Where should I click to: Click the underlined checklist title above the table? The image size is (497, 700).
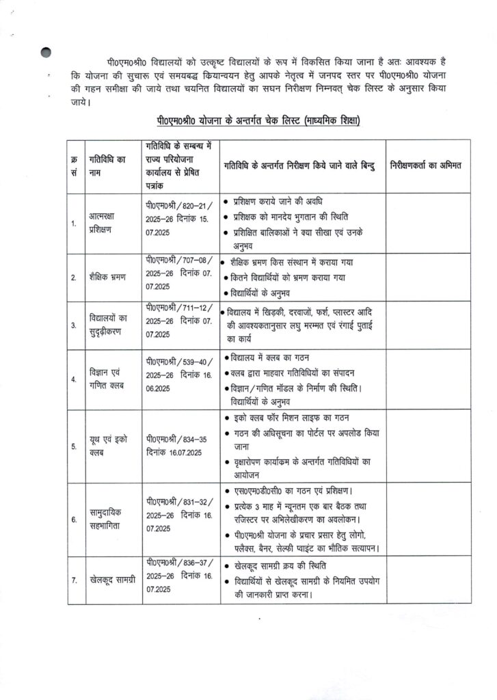pos(257,121)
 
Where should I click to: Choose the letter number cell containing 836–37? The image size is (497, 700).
pos(179,580)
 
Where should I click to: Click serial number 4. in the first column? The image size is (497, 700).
pos(74,379)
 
